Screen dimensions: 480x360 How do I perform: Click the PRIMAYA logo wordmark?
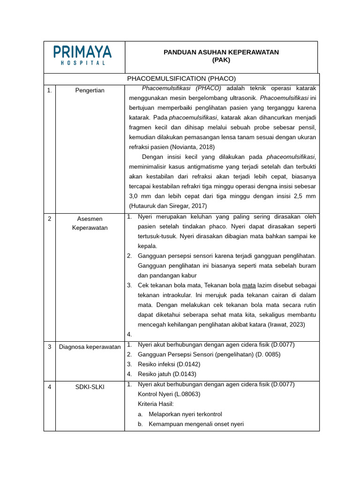click(x=82, y=52)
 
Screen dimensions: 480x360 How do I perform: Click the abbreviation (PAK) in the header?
click(x=221, y=60)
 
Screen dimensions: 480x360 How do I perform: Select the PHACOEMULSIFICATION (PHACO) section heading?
click(x=181, y=78)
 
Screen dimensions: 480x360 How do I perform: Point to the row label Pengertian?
click(x=90, y=90)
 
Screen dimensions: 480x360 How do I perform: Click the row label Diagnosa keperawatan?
click(x=90, y=347)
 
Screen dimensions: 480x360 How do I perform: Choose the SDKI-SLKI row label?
click(x=90, y=387)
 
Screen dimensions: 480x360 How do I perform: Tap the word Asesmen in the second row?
click(x=90, y=219)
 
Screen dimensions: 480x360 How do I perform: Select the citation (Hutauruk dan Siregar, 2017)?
click(x=168, y=206)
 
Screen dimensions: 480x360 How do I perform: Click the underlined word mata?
click(x=249, y=285)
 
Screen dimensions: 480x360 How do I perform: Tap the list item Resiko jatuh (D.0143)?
click(x=167, y=374)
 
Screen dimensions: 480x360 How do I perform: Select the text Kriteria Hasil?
click(x=156, y=404)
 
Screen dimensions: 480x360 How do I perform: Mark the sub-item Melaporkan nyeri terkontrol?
click(x=185, y=414)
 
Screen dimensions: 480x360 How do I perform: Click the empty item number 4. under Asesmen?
click(x=129, y=335)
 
